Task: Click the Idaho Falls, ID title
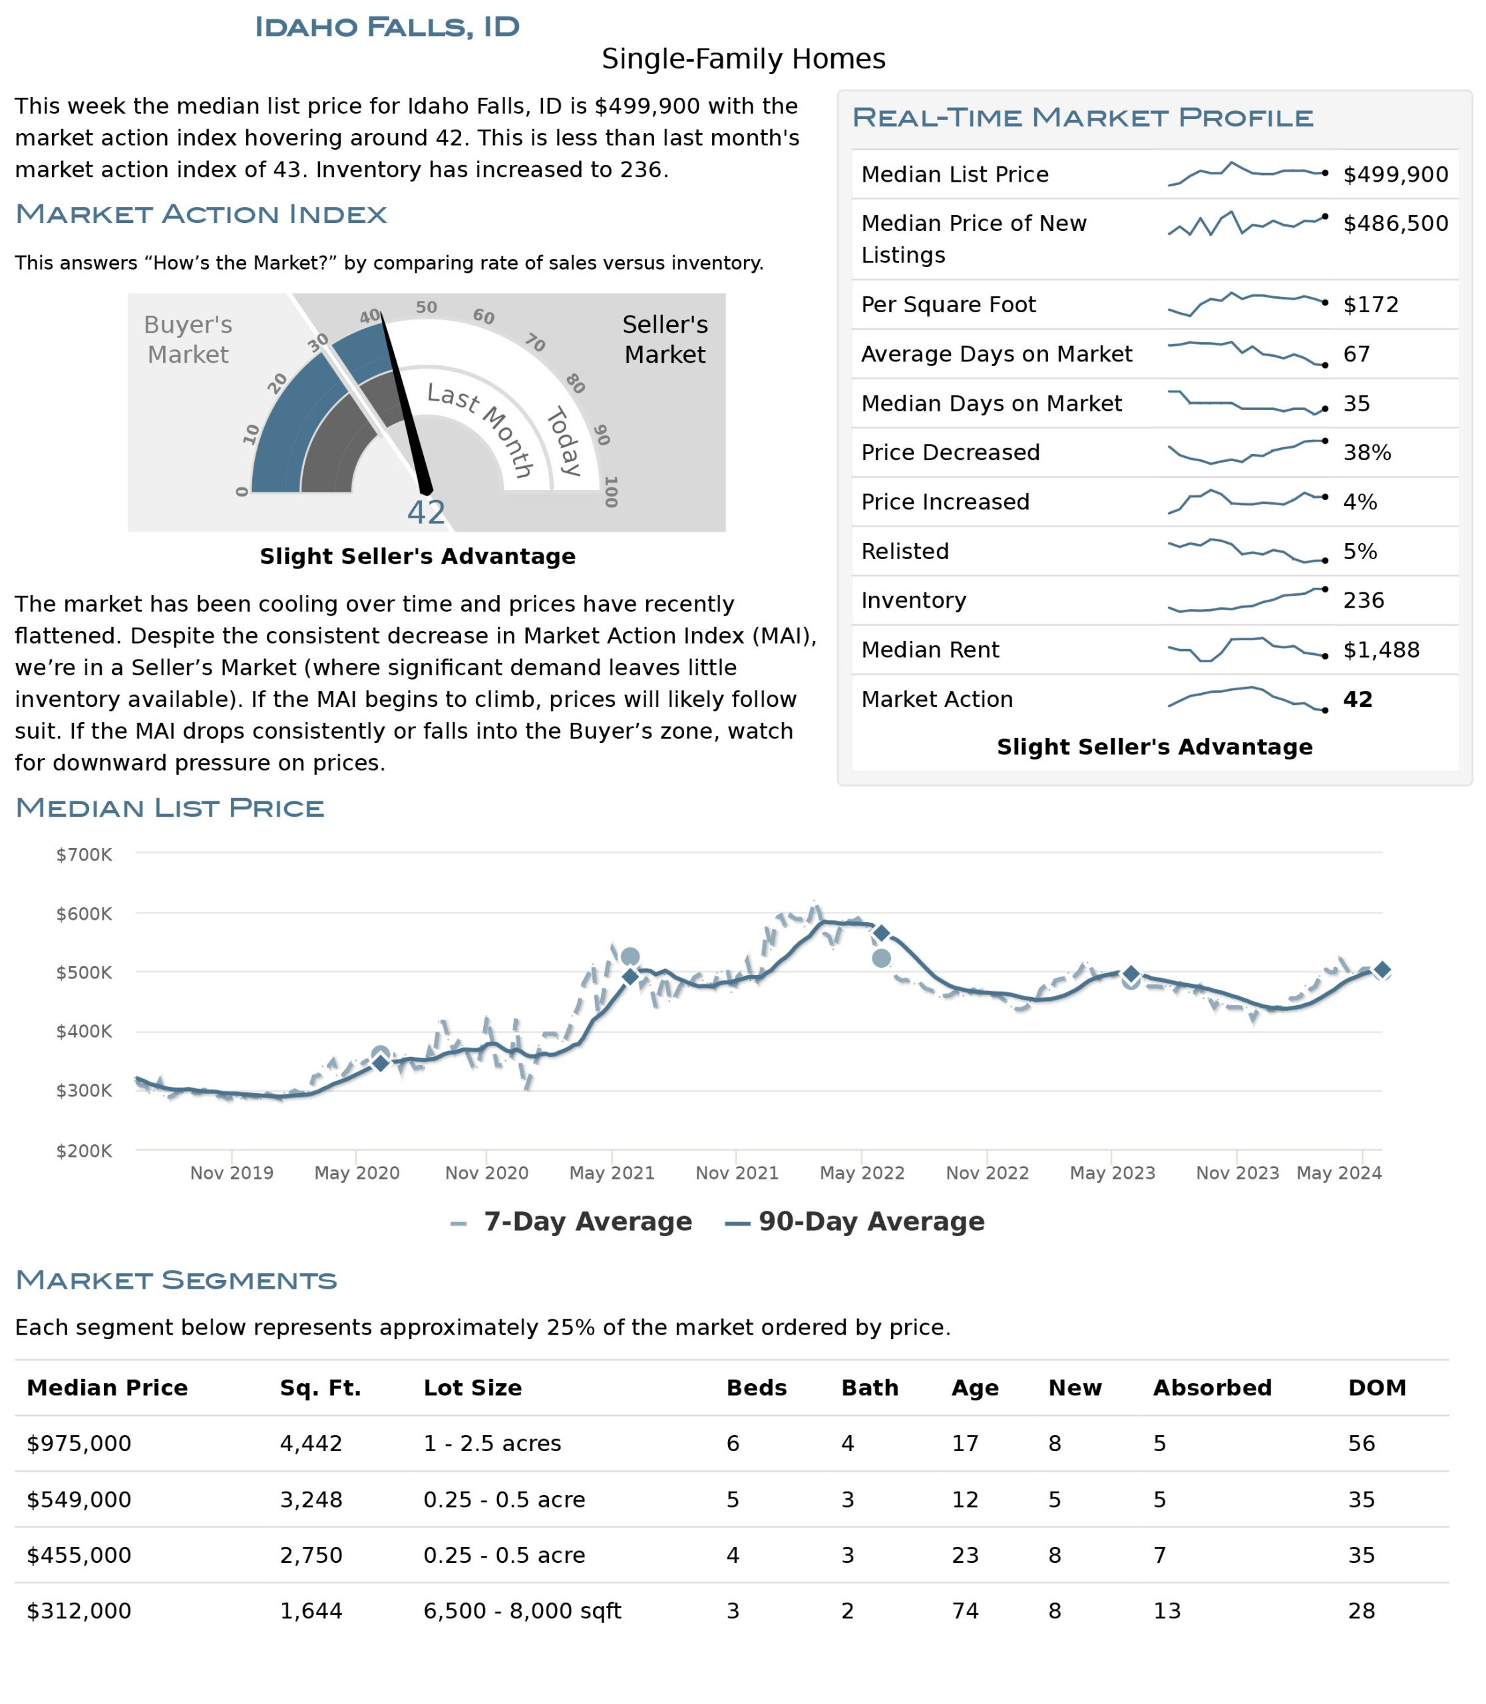(387, 27)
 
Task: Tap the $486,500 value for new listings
(1395, 223)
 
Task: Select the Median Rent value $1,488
(1382, 650)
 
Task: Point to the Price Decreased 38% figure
(1368, 452)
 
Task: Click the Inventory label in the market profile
(914, 600)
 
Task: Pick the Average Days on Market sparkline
(1246, 353)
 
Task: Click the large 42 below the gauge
(426, 513)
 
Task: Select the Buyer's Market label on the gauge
(188, 339)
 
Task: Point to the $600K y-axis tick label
(84, 913)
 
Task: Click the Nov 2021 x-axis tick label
(737, 1172)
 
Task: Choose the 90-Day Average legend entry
(855, 1221)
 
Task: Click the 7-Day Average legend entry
(572, 1221)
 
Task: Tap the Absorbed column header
(1212, 1387)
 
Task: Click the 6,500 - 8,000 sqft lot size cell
(522, 1610)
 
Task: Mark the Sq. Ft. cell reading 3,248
(311, 1499)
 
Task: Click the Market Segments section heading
(176, 1279)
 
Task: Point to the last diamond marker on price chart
(1382, 970)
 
